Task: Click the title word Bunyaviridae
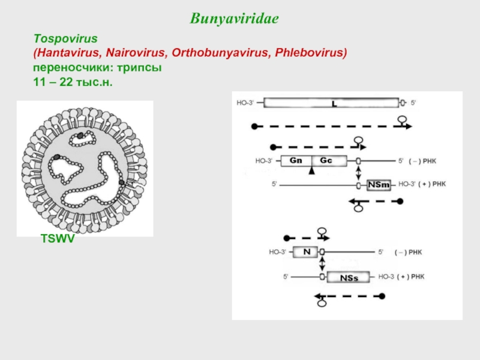click(x=234, y=19)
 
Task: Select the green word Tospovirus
click(x=65, y=39)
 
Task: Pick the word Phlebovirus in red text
click(x=310, y=53)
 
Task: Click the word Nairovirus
click(x=136, y=53)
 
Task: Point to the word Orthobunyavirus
click(x=220, y=53)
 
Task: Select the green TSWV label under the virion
click(x=58, y=239)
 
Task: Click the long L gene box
click(x=331, y=103)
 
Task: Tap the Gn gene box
click(x=296, y=161)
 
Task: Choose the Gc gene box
click(x=329, y=161)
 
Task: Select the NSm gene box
click(x=379, y=185)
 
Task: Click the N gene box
click(x=305, y=252)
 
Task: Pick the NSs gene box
click(x=349, y=277)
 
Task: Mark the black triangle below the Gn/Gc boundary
click(x=311, y=170)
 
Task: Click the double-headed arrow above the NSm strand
click(x=358, y=173)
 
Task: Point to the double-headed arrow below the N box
click(x=322, y=263)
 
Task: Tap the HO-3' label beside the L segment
click(x=245, y=103)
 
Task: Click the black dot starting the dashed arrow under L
click(x=254, y=126)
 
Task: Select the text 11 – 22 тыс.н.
click(x=73, y=82)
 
